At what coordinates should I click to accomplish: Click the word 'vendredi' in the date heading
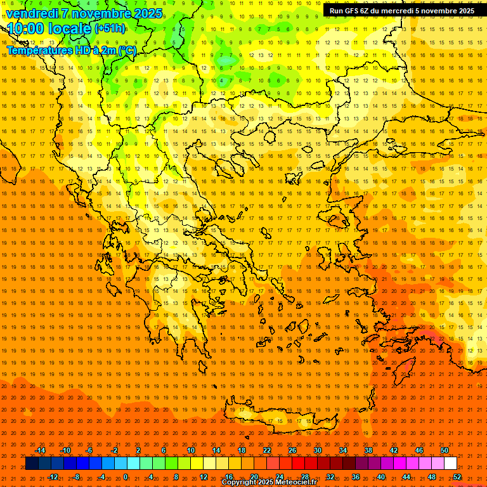point(32,13)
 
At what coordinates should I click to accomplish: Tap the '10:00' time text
point(26,29)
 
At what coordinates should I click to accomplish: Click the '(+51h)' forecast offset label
point(110,29)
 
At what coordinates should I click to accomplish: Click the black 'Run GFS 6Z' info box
point(401,11)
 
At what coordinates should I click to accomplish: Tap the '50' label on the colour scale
point(445,450)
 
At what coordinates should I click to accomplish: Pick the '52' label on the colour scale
point(457,477)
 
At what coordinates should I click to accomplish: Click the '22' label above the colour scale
point(267,450)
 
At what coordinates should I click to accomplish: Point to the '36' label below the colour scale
point(356,477)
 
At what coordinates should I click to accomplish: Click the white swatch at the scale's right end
point(451,464)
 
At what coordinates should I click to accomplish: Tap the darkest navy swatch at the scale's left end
point(32,464)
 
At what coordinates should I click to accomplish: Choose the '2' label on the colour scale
point(138,450)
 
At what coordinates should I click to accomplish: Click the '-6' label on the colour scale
point(89,450)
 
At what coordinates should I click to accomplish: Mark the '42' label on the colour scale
point(394,450)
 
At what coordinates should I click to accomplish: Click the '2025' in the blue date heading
point(146,13)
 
